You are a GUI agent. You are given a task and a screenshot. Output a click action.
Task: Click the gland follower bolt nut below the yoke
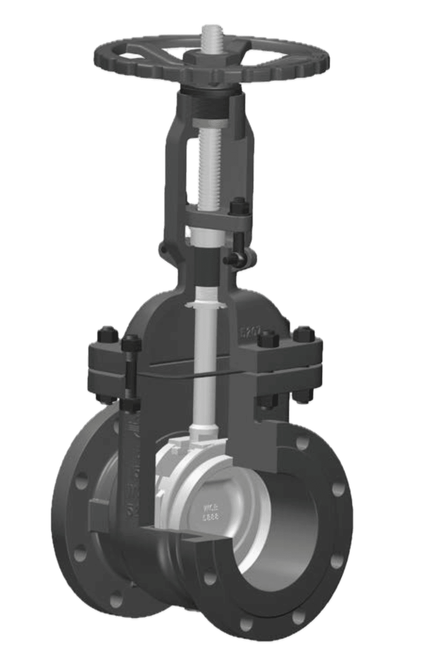coord(238,207)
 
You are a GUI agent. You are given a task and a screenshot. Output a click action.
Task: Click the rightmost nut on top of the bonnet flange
coord(305,333)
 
